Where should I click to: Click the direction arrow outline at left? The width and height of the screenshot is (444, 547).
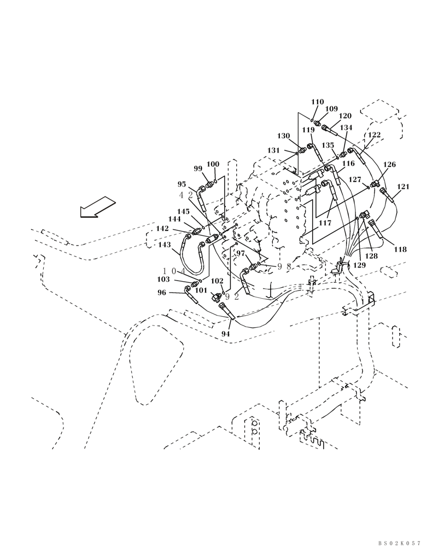pos(97,208)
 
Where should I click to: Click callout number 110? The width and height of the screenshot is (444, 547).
pos(318,102)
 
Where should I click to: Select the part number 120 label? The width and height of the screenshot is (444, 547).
pos(345,116)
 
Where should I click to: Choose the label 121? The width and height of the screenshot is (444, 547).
pos(403,187)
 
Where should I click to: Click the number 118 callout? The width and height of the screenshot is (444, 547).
pos(400,249)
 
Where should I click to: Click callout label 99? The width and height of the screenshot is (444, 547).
pos(198,169)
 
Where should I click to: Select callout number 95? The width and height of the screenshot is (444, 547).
pos(182,185)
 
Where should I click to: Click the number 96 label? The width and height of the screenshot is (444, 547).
pos(162,293)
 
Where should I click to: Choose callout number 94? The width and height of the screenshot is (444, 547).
pos(226,333)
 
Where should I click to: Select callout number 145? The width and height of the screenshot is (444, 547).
pos(183,211)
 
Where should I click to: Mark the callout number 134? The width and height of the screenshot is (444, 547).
pos(346,128)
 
